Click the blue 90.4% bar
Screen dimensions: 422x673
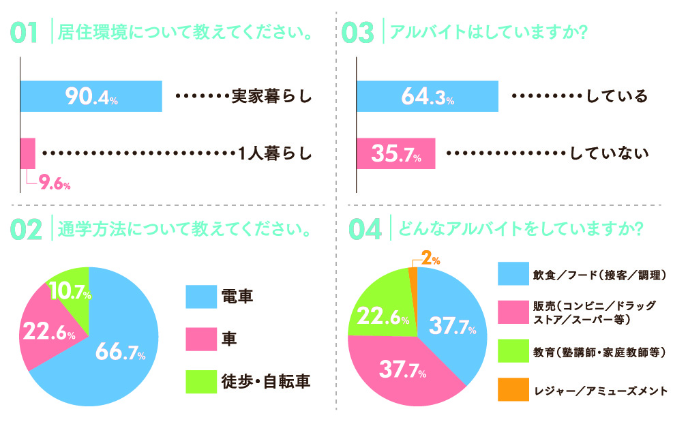pos(91,96)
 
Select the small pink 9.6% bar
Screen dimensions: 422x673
pos(28,153)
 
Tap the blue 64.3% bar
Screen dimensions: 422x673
pos(428,96)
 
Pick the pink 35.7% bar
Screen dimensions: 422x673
pos(396,154)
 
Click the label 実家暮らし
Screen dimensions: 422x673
pos(271,97)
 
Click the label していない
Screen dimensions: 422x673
pos(609,154)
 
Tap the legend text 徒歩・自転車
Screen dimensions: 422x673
pos(266,381)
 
